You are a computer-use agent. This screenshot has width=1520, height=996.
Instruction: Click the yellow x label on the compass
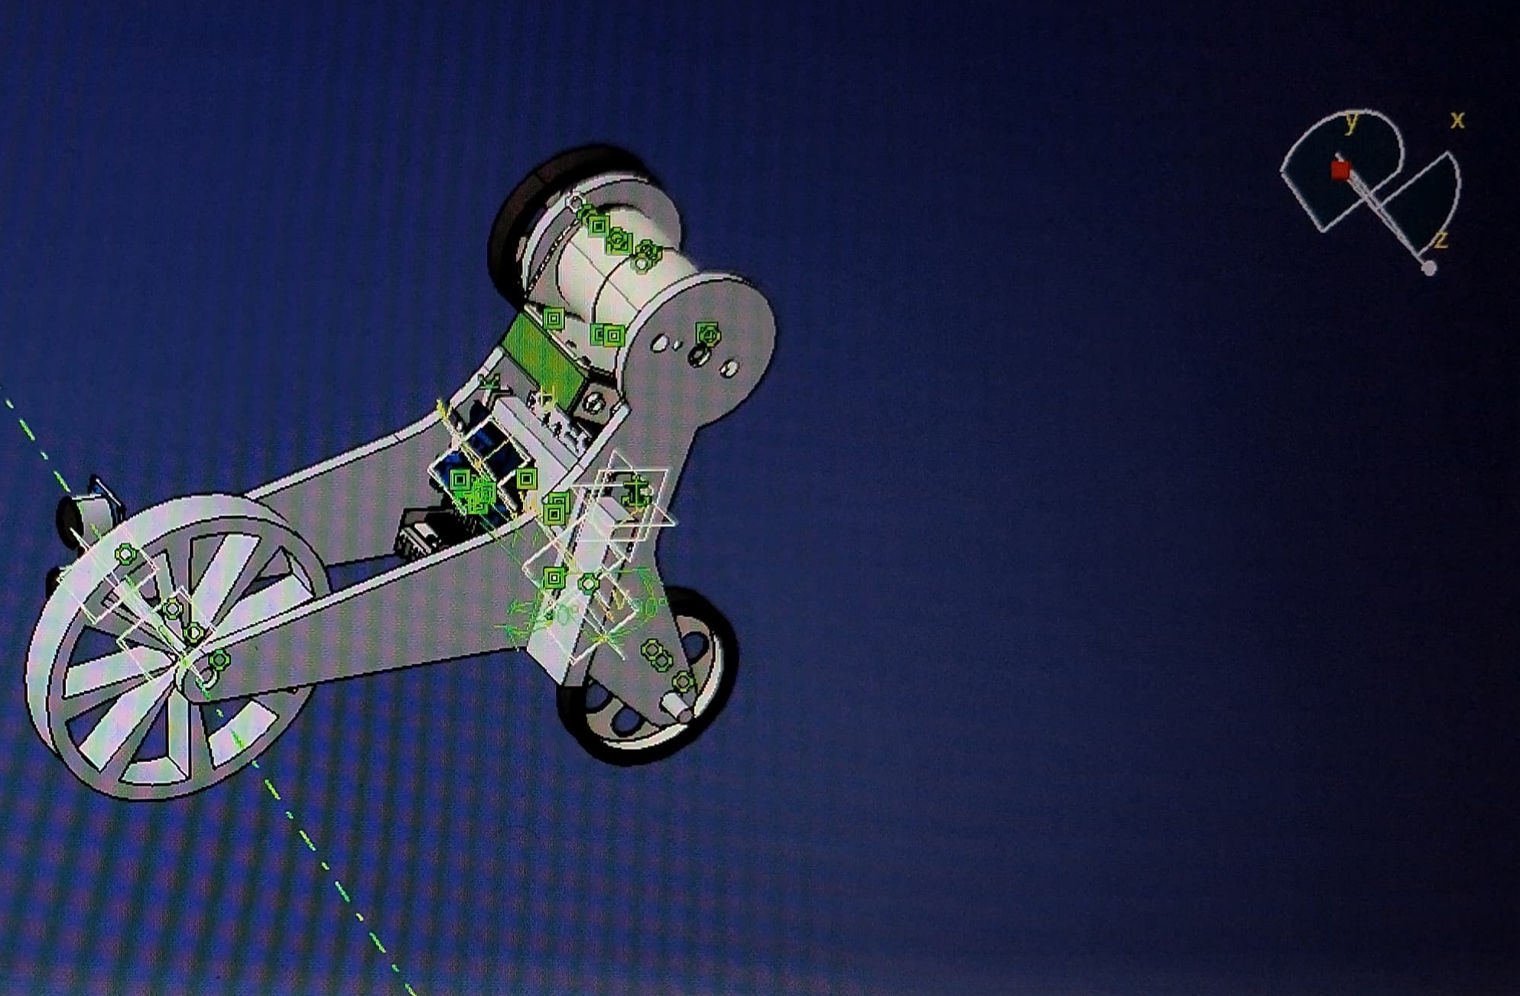(x=1457, y=120)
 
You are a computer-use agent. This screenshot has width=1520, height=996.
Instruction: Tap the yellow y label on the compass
(x=1351, y=122)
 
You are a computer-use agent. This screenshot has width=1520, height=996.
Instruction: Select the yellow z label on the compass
(x=1441, y=240)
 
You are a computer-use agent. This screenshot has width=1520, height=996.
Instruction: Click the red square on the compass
(x=1340, y=170)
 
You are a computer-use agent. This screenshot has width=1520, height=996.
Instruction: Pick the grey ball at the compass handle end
(x=1428, y=268)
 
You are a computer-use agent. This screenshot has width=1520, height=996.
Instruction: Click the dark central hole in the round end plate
(x=697, y=355)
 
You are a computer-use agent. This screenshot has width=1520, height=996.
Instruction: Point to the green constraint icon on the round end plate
(x=709, y=334)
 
